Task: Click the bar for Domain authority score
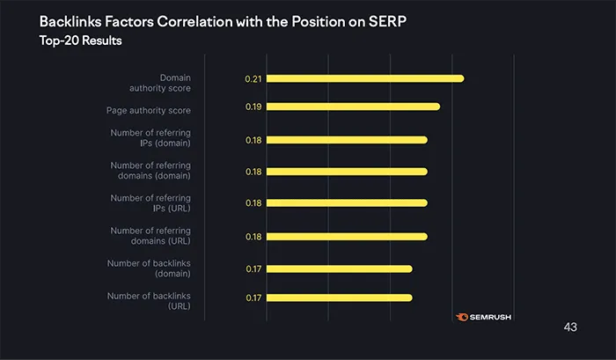tap(364, 78)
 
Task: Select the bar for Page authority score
tap(352, 107)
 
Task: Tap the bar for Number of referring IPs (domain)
tap(346, 139)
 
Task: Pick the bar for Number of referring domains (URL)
tap(346, 236)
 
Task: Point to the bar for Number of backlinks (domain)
tap(339, 268)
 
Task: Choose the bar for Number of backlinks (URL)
tap(339, 298)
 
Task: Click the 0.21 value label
tap(253, 79)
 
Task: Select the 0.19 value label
tap(253, 107)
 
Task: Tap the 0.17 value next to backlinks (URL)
tap(253, 298)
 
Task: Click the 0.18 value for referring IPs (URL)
tap(253, 203)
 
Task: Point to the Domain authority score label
tap(163, 83)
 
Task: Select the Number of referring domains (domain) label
tap(150, 170)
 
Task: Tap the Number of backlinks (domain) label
tap(149, 268)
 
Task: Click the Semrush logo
tap(483, 317)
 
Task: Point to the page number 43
tap(569, 327)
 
